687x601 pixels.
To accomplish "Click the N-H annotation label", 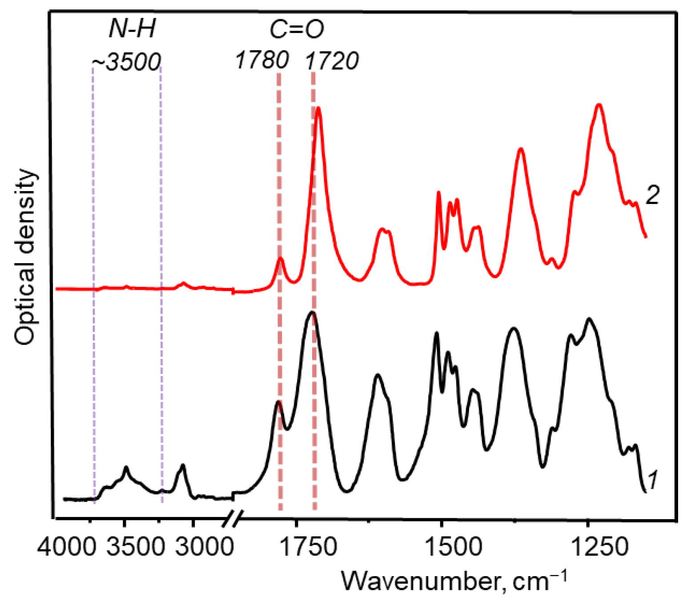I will (x=133, y=30).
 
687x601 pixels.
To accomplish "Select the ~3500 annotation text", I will (x=126, y=62).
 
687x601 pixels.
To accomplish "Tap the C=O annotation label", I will (x=297, y=30).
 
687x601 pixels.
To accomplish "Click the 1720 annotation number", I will (x=332, y=61).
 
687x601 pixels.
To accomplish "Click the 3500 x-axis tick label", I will (x=136, y=545).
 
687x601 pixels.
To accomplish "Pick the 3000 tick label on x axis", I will (x=204, y=545).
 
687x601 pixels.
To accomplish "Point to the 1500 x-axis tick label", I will (x=454, y=545).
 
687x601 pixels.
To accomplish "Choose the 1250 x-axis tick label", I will (x=600, y=545).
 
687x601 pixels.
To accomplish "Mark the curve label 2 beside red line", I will (x=652, y=195).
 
